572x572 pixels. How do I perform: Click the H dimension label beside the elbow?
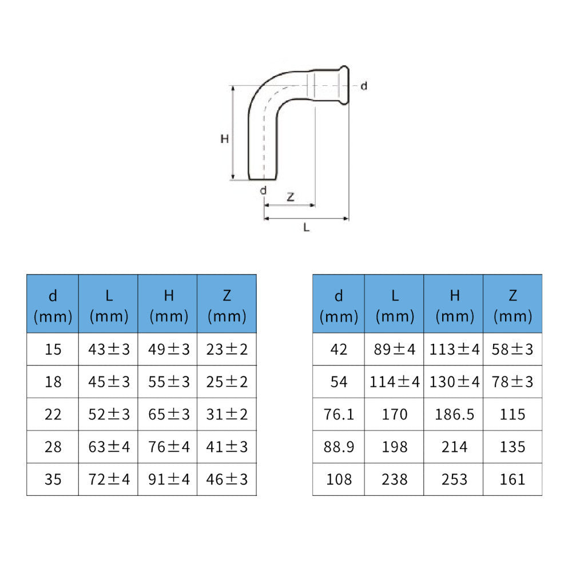224,138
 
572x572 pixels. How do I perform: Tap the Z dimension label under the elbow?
291,197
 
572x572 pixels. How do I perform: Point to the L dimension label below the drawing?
307,228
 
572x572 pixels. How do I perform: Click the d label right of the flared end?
364,86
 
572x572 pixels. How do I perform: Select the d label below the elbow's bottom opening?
263,190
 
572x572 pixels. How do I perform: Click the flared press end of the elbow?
344,85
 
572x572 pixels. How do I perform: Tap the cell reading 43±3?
109,349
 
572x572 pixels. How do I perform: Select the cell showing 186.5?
454,414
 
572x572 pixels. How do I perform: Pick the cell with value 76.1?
339,414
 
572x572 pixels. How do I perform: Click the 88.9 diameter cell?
339,447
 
